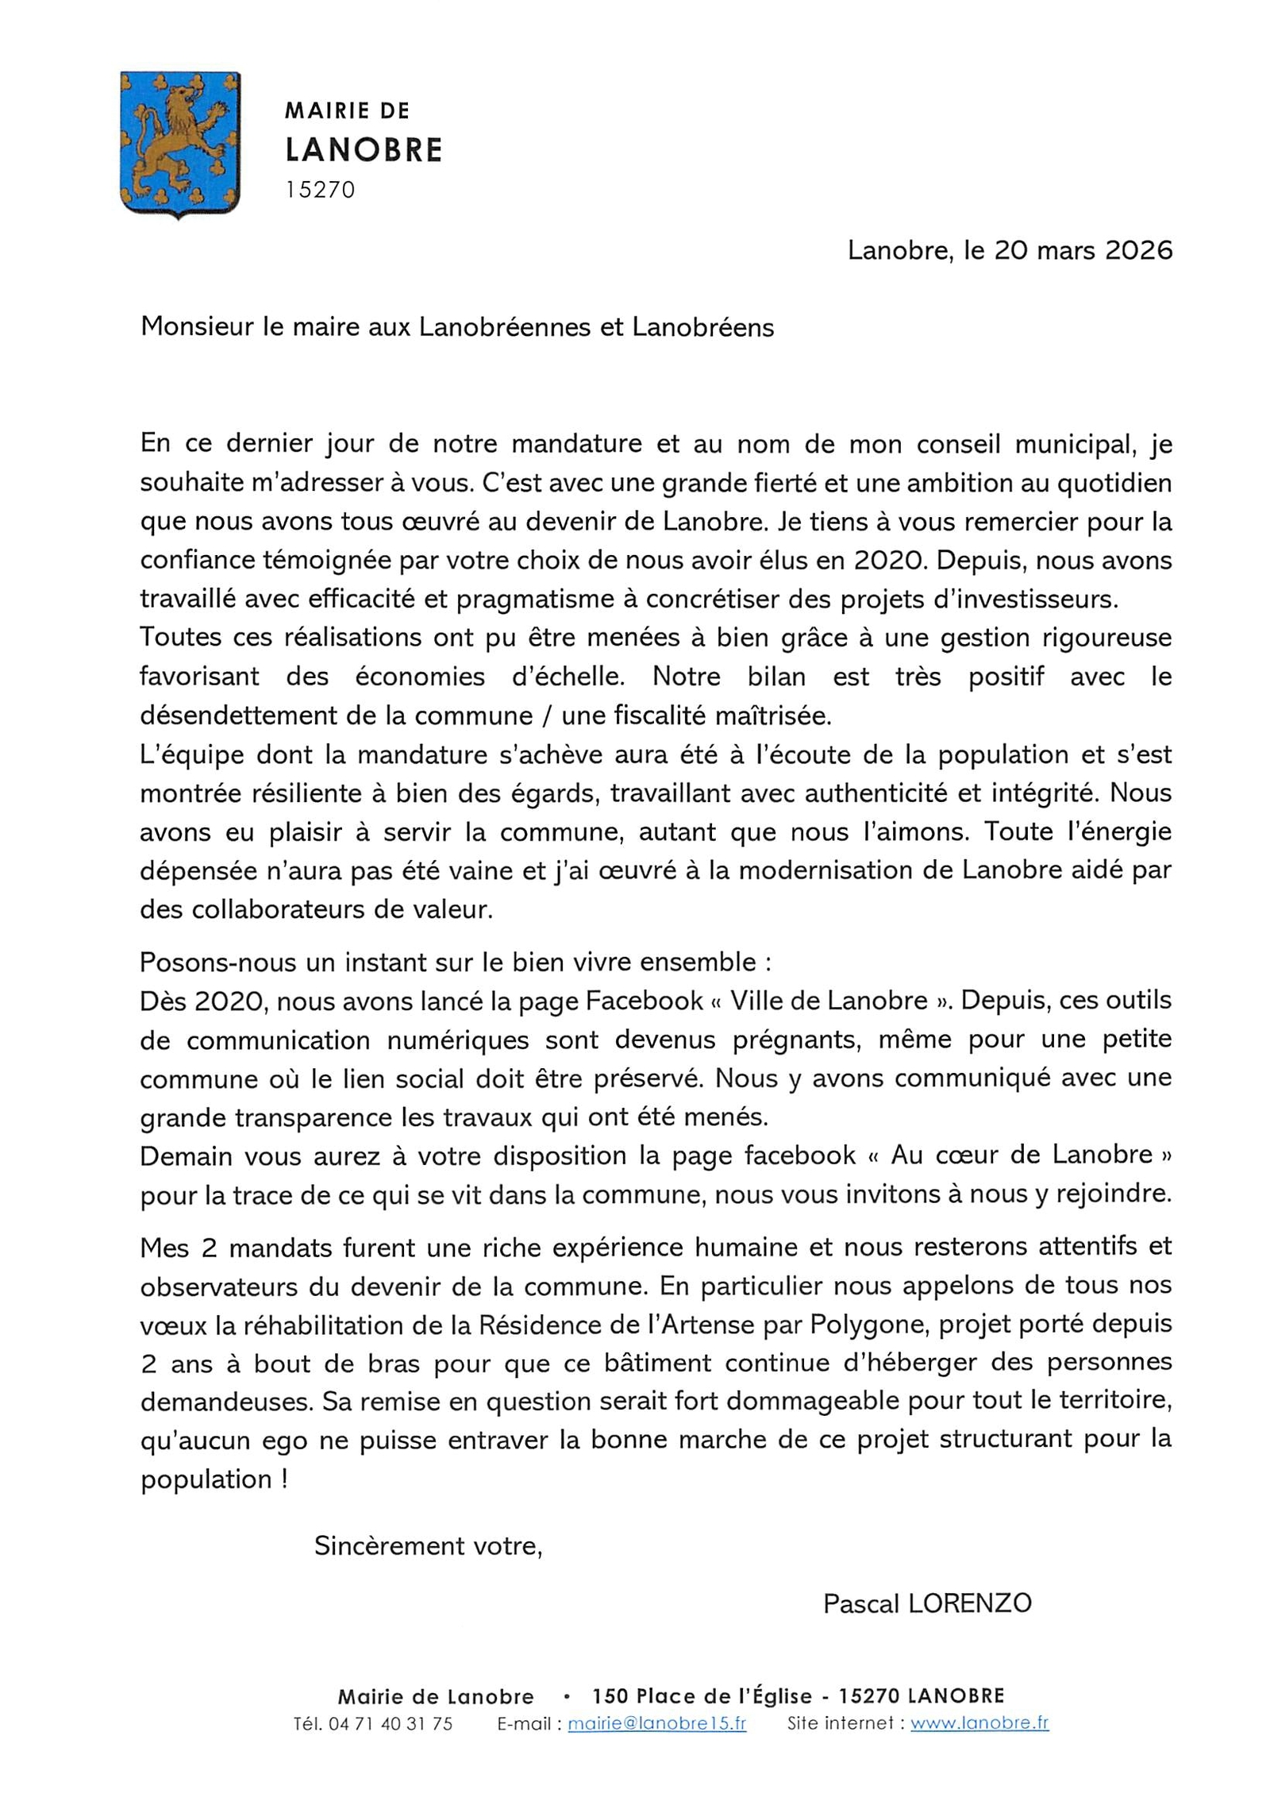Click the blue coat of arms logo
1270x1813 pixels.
click(180, 144)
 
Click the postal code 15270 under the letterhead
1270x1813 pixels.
click(320, 190)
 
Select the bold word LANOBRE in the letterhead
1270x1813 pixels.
click(364, 149)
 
